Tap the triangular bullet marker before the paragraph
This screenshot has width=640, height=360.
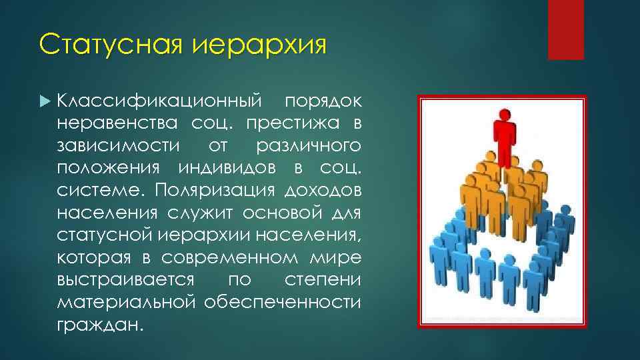pos(45,101)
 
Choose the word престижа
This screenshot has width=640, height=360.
pos(291,123)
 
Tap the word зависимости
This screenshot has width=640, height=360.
pos(117,145)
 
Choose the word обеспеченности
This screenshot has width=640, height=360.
pos(283,301)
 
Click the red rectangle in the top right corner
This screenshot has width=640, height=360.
pos(565,30)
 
